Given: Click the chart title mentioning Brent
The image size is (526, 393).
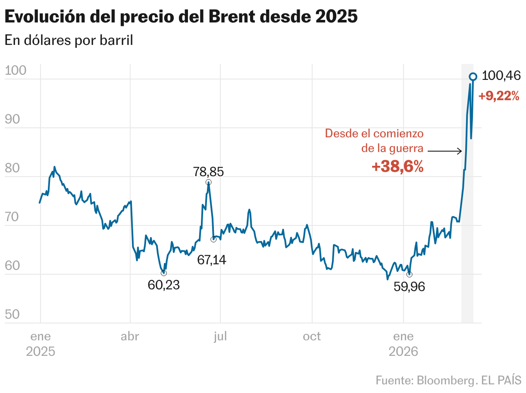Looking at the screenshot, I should (x=181, y=17).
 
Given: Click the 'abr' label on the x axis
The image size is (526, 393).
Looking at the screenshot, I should (x=130, y=336).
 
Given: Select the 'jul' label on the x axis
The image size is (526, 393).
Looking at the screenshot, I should (x=220, y=336).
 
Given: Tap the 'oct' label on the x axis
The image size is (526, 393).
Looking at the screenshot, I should (x=312, y=336).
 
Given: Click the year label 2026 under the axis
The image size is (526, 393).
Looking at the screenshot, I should (x=404, y=352).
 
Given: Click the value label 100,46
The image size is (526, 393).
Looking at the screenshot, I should (x=501, y=76).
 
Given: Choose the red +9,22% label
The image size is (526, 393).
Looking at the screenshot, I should (x=499, y=96).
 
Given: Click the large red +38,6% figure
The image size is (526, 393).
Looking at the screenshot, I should (x=398, y=167).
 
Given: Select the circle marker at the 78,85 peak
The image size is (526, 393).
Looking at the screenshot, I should (x=209, y=182).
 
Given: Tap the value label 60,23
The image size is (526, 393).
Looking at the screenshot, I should (x=163, y=285).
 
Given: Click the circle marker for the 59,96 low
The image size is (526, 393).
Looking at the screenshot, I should (x=409, y=274).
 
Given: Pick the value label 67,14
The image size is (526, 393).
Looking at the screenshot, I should (x=212, y=260).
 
